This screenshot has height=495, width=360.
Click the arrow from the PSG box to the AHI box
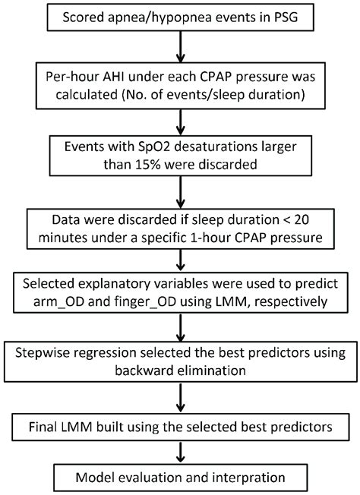pos(179,48)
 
